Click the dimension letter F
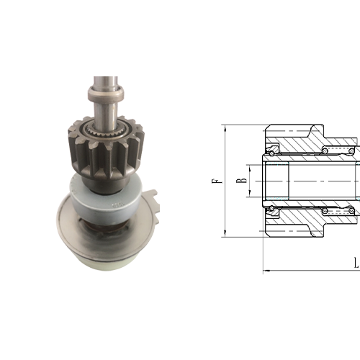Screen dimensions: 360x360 tap(217, 181)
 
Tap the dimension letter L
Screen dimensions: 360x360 tap(357, 263)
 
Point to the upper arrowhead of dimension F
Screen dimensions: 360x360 tap(225, 128)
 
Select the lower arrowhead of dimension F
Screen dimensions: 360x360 tap(225, 233)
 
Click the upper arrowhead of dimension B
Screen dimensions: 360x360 tap(250, 168)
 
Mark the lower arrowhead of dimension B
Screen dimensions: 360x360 tap(250, 193)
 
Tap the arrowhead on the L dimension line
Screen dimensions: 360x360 tap(266, 271)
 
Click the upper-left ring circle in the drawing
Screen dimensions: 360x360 tap(271, 153)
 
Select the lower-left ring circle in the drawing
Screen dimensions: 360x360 tap(271, 208)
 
